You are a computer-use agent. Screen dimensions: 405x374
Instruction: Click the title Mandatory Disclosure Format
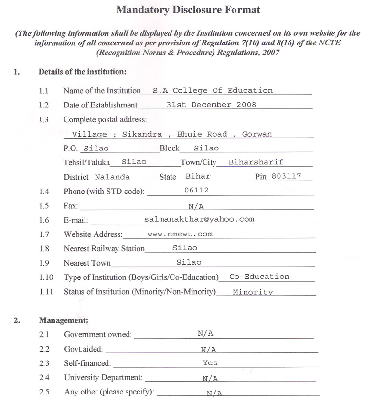[188, 10]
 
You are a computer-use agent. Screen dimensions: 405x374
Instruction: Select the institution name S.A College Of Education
[209, 90]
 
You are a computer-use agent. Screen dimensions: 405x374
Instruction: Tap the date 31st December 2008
[211, 105]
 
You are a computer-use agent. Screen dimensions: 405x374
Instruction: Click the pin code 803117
[286, 176]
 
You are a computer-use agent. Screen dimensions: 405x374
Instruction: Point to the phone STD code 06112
[196, 191]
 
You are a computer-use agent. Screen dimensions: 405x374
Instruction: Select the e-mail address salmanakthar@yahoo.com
[199, 219]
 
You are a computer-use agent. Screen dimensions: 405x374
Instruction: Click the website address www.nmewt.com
[180, 234]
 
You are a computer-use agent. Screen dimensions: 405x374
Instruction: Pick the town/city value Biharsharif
[256, 162]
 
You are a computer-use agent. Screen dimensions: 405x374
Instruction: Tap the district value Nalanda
[112, 177]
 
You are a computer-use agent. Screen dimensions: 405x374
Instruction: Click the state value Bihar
[198, 176]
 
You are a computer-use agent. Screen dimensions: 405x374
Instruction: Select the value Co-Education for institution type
[259, 277]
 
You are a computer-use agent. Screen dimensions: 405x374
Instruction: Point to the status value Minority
[253, 292]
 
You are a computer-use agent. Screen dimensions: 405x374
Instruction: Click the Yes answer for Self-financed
[210, 363]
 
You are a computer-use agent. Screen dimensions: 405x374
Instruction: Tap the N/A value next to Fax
[196, 206]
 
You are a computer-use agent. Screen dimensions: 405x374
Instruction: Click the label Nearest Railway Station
[104, 248]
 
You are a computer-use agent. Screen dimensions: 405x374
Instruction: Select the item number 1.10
[46, 277]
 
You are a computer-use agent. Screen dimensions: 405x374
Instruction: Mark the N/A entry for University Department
[210, 378]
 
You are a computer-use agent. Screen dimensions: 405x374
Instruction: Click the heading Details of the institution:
[82, 72]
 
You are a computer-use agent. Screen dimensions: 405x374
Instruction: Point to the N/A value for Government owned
[205, 334]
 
